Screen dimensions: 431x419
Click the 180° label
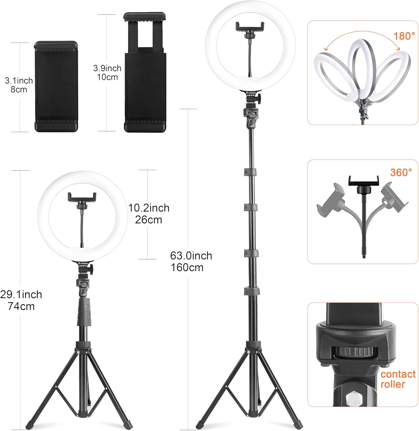[404, 36]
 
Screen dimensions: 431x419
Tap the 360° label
[401, 172]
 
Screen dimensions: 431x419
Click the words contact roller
[397, 379]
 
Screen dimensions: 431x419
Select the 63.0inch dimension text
[191, 256]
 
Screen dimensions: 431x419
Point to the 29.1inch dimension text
[21, 295]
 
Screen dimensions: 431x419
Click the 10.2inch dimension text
[149, 208]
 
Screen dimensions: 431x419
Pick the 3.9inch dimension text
[107, 68]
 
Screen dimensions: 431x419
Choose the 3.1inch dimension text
[19, 80]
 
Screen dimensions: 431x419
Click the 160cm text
[187, 268]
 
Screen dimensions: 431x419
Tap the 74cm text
[21, 306]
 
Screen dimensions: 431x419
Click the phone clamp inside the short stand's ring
[82, 197]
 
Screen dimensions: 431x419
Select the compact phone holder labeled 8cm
[56, 86]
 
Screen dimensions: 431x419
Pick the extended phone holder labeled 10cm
[145, 72]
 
